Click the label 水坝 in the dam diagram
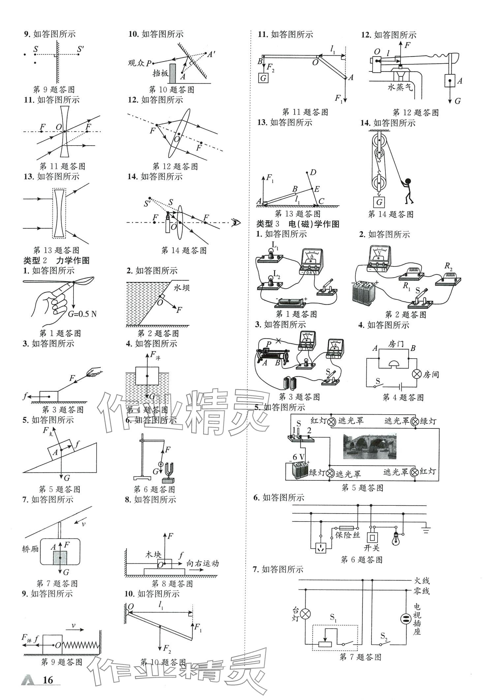182,288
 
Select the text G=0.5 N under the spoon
82,313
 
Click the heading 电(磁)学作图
314,224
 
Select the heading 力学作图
73,260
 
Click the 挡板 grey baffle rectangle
172,73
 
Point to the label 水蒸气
400,87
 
